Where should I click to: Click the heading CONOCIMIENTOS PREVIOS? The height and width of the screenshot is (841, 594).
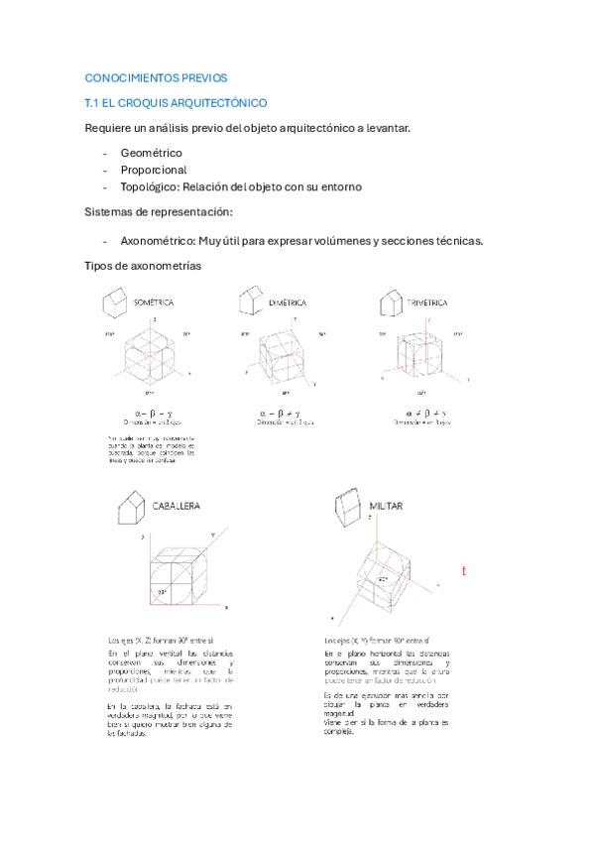coord(156,77)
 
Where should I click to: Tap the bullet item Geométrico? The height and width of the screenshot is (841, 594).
coord(151,153)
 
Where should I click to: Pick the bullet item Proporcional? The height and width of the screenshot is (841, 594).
coord(154,170)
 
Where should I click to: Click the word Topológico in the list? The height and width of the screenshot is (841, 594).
coord(150,186)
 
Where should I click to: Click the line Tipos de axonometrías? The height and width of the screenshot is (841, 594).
coord(143,266)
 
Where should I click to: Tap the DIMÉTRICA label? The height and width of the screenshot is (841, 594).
coord(287,301)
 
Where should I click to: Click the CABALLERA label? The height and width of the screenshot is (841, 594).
coord(176,505)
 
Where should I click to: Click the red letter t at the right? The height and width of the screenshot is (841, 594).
coord(463,572)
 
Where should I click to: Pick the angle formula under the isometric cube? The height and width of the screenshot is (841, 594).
coord(153,413)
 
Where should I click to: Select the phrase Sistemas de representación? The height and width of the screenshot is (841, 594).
coord(159,212)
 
